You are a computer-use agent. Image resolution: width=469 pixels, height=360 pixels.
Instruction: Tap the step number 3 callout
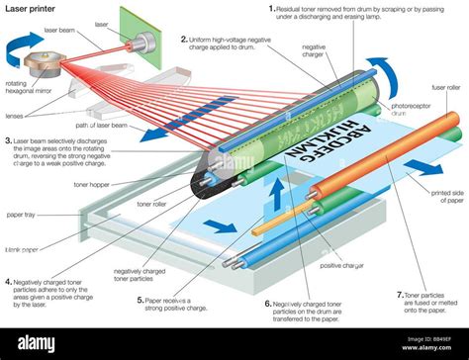(x=9, y=140)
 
